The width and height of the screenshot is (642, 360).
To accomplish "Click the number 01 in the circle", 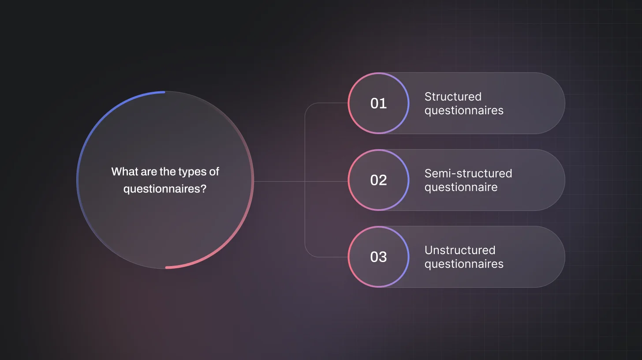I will coord(378,103).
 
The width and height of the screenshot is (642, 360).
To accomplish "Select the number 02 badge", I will coord(378,180).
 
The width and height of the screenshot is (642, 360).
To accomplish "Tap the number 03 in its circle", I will coord(378,257).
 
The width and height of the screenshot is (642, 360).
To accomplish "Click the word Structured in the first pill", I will coord(453,97).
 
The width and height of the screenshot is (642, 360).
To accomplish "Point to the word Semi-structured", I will coord(468,173).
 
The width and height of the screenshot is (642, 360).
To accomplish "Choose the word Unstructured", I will coord(460,250).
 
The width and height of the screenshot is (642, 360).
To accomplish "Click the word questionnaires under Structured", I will coord(464,110).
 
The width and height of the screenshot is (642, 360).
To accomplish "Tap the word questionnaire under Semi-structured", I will coord(461,187).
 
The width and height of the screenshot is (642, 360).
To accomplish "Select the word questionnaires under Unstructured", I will coord(464,264).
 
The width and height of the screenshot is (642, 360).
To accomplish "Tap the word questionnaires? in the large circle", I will coord(165,189).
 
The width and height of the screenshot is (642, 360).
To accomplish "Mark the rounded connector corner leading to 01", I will coord(308,106).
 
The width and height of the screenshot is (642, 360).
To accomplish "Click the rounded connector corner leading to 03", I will coord(308,254).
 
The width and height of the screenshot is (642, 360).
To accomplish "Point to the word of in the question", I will coord(214,172).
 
